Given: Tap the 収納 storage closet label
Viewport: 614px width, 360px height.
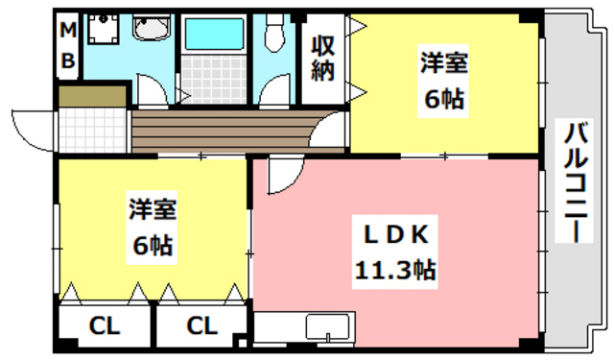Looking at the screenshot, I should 321,60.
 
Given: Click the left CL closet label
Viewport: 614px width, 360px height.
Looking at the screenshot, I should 105,326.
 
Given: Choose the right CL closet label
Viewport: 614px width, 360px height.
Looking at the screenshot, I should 202,326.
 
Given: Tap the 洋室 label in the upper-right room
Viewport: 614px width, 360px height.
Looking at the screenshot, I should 442,64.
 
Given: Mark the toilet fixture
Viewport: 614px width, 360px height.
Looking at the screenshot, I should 274,36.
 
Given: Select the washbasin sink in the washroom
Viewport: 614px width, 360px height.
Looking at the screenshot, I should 149,32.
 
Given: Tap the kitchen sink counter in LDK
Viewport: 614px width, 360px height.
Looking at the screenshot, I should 329,326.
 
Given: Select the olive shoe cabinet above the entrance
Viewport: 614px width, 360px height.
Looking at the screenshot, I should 92,96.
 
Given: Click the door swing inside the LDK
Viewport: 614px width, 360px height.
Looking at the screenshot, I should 283,176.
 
